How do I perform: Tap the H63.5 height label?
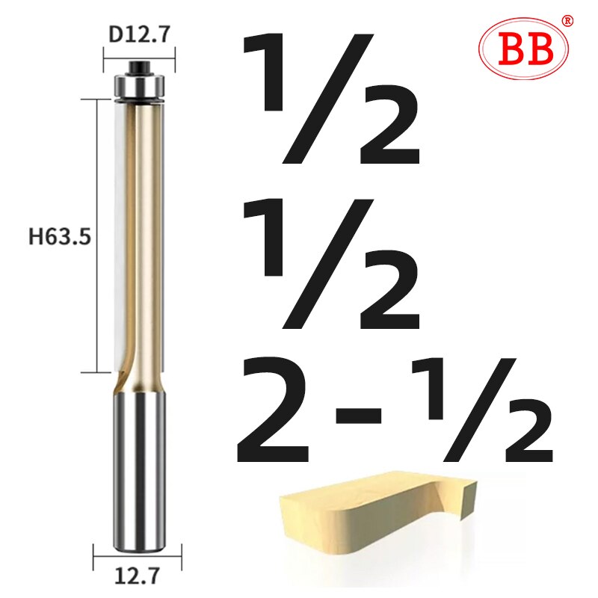[x=60, y=238]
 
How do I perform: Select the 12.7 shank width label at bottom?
[x=138, y=576]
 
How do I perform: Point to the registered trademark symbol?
[x=567, y=20]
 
